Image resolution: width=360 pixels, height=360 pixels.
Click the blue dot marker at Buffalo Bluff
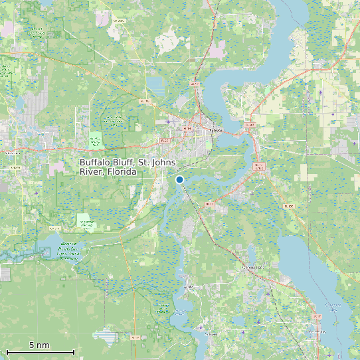[x=179, y=179]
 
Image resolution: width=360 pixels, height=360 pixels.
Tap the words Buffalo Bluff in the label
[x=106, y=163]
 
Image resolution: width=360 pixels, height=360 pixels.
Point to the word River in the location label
[x=91, y=172]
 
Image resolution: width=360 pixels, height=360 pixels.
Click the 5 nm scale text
[x=39, y=345]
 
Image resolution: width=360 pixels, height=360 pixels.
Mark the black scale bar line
[x=40, y=351]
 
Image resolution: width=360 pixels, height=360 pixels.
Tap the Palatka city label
[x=215, y=131]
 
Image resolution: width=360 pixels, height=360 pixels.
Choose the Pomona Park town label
[x=252, y=267]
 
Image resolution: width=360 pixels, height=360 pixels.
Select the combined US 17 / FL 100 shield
[x=259, y=166]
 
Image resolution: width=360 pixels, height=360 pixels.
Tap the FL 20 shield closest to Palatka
[x=165, y=141]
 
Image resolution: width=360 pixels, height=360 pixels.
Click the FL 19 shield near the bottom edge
[x=136, y=337]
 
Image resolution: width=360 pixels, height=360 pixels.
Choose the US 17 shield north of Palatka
[x=195, y=84]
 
